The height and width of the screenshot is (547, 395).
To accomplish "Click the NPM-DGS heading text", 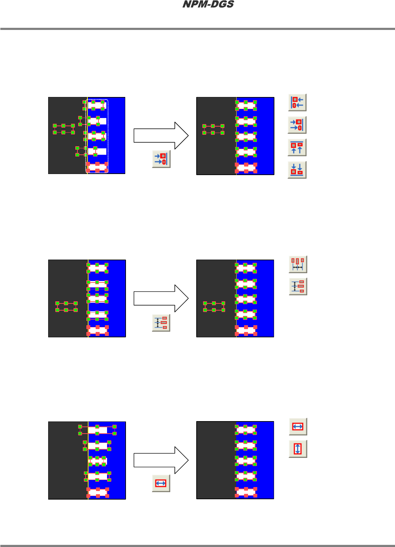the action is point(208,5).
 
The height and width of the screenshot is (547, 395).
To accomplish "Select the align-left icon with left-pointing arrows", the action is point(297,103).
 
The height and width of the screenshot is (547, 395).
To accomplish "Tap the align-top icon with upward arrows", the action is point(297,147).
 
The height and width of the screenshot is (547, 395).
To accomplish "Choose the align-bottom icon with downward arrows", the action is point(297,170).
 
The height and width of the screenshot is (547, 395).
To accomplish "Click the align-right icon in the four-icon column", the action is point(297,125).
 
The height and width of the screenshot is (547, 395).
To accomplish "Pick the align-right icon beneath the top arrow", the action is point(161,159).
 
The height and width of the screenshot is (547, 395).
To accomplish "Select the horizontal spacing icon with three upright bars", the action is point(298,264).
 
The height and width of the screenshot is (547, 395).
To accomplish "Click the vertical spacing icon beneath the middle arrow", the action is point(161,323).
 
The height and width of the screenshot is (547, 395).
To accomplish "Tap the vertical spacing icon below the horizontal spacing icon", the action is point(298,286).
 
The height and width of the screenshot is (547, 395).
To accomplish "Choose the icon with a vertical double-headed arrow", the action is point(298,449).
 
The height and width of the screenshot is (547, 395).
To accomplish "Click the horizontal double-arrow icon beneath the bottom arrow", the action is point(161,483).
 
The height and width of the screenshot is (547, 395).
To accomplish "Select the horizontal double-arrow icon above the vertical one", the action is point(298,426).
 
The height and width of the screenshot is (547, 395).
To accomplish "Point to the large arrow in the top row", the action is point(161,136).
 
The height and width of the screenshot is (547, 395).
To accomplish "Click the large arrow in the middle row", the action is point(161,298).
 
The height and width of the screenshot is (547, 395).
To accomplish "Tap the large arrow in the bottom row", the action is point(161,460).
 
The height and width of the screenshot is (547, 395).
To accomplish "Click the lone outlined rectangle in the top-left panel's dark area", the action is point(64,129).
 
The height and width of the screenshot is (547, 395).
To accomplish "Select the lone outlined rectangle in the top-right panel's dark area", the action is point(213,129).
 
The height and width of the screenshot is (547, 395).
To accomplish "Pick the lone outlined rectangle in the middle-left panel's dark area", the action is point(66,307).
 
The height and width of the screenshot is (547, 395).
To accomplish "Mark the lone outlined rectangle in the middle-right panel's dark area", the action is point(214,307).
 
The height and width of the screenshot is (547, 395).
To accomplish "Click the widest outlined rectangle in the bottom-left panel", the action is point(97,430).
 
